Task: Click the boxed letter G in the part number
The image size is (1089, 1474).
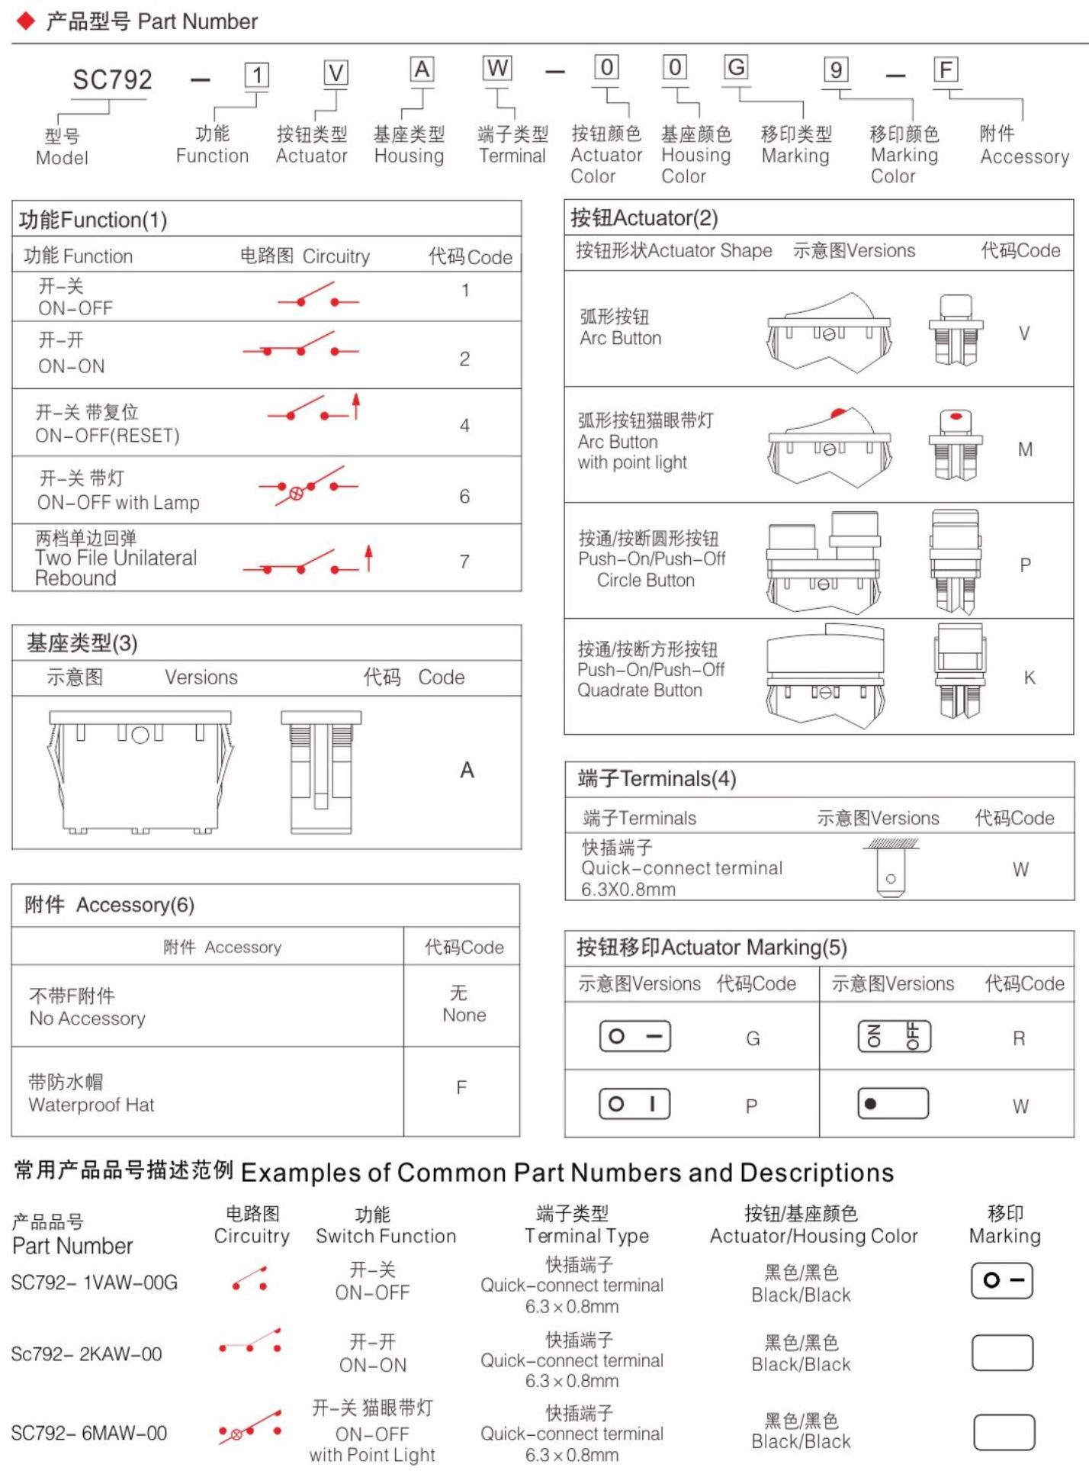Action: click(x=735, y=67)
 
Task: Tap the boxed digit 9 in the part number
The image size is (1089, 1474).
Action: click(x=836, y=70)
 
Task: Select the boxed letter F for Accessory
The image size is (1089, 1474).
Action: click(x=946, y=70)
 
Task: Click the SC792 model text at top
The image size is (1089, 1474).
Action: click(x=112, y=79)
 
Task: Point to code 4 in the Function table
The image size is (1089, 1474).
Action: click(x=464, y=426)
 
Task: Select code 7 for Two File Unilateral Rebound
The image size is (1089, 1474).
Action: click(x=464, y=562)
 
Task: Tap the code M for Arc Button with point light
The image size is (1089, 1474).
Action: click(x=1025, y=449)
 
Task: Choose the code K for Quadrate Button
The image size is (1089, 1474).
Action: click(x=1030, y=677)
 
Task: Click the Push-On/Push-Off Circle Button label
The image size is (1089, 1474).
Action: click(x=651, y=559)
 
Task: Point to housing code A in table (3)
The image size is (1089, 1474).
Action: click(x=467, y=771)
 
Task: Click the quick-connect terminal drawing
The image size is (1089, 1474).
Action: click(x=891, y=870)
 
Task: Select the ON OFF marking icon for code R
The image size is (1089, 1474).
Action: click(x=894, y=1036)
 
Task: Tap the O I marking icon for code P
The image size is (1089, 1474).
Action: click(x=634, y=1104)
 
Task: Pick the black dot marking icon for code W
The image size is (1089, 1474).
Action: click(x=894, y=1104)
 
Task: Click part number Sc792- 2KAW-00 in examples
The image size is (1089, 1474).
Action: click(x=86, y=1354)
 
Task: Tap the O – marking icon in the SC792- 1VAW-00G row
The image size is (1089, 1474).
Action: click(x=1001, y=1280)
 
